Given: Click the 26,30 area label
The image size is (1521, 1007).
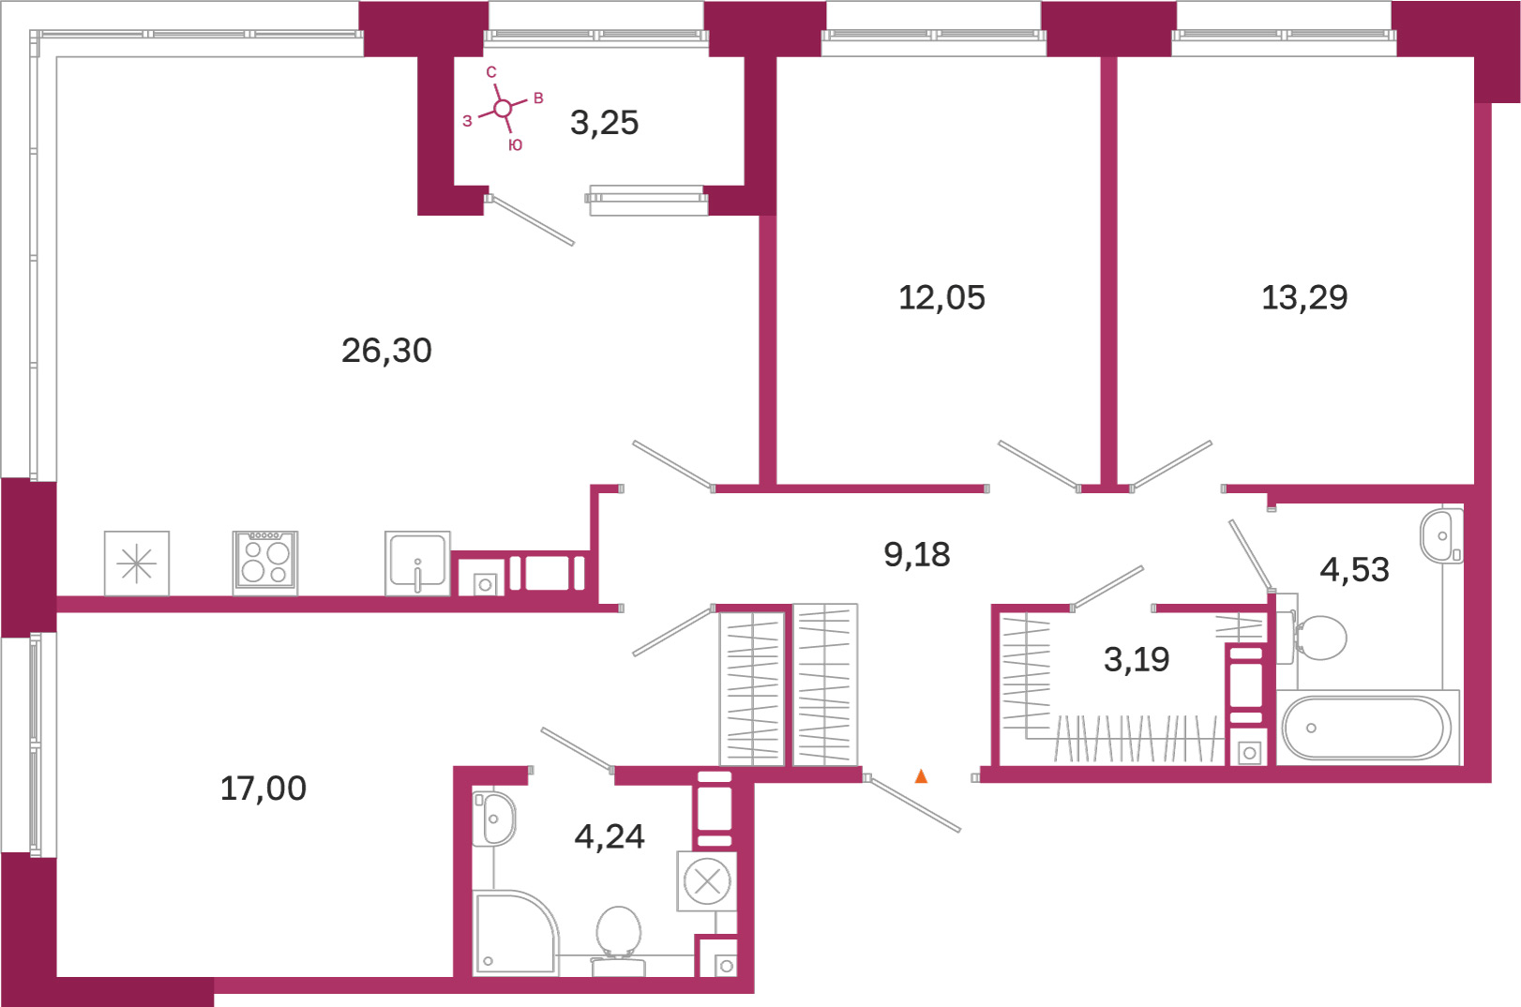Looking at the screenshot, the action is pyautogui.click(x=386, y=351).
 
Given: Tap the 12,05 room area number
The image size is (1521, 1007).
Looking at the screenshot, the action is pyautogui.click(x=941, y=298).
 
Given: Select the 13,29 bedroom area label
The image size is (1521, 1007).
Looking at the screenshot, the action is pyautogui.click(x=1304, y=298).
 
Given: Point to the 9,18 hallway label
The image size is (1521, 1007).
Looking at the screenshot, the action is pyautogui.click(x=917, y=555).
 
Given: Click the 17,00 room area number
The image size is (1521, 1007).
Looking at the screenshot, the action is pyautogui.click(x=264, y=789).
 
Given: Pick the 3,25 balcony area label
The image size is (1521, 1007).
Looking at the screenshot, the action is pyautogui.click(x=604, y=123).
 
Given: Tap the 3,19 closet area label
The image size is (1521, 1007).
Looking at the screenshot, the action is pyautogui.click(x=1137, y=659).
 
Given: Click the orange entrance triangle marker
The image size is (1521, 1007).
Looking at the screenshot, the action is pyautogui.click(x=921, y=776).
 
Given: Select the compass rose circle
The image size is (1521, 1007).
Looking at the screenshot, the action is pyautogui.click(x=503, y=108).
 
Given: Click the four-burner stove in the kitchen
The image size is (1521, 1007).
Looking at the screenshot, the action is pyautogui.click(x=264, y=564).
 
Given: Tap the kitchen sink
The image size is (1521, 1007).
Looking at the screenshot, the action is pyautogui.click(x=417, y=564).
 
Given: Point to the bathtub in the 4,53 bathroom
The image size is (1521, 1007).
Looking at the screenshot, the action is pyautogui.click(x=1367, y=728).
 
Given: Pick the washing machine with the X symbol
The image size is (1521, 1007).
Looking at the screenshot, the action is pyautogui.click(x=707, y=881).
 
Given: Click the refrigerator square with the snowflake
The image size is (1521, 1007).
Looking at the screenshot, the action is pyautogui.click(x=137, y=564).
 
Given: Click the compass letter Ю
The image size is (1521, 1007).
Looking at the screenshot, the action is pyautogui.click(x=516, y=144).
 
